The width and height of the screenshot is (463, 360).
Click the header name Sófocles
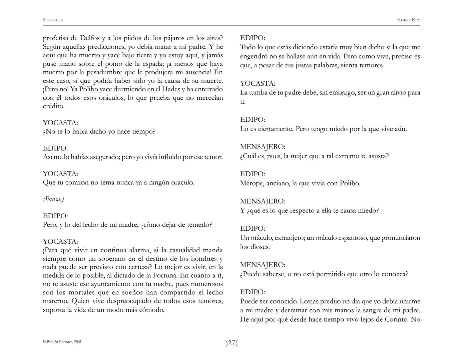click(x=53, y=20)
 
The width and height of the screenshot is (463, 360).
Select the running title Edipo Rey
click(x=409, y=20)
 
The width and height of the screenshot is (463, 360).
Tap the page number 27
click(x=232, y=343)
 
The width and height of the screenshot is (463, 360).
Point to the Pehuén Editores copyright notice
click(x=63, y=342)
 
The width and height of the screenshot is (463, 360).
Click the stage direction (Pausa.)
click(x=53, y=199)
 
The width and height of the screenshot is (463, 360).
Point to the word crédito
click(x=54, y=106)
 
